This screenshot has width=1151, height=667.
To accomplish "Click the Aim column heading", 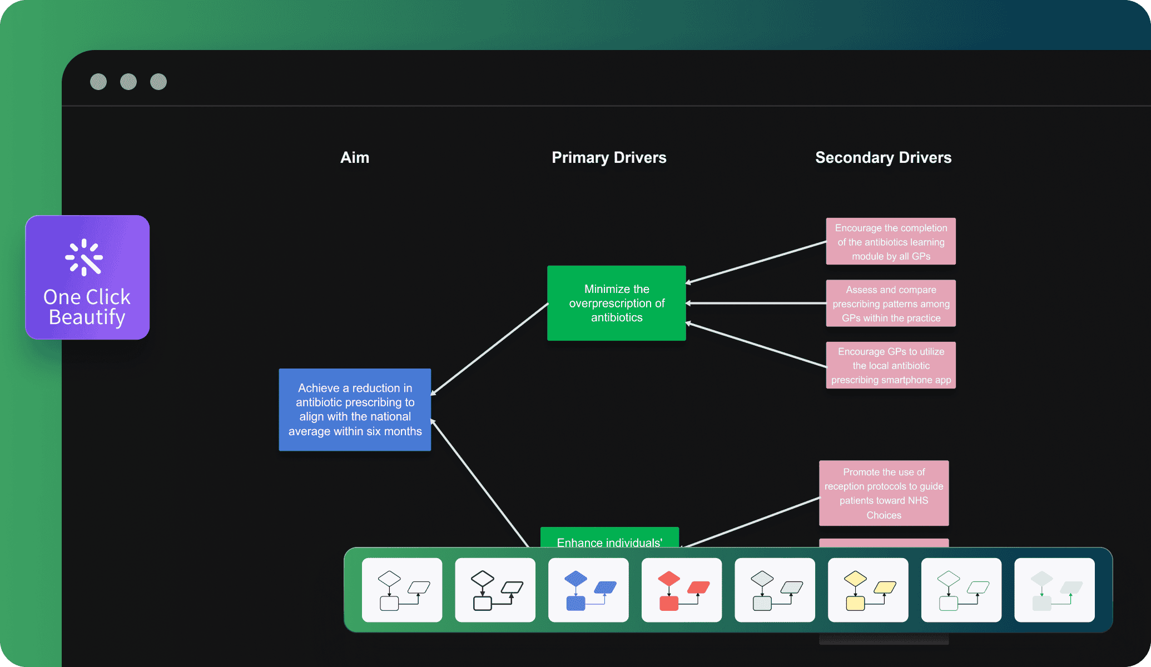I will coord(355,158).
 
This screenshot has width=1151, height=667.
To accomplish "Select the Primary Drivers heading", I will coord(609,158).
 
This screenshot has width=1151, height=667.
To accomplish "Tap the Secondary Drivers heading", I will coord(883,158).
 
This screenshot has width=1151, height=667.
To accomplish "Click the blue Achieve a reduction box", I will coord(355,410).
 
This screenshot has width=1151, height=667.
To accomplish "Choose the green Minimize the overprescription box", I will coord(616,303).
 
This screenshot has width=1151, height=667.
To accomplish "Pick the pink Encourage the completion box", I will coord(891,242).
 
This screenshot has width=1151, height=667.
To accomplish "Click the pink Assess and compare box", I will coord(891,303).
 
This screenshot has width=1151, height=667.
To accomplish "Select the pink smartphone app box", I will coord(891,365).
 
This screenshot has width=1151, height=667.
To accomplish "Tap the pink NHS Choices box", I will coord(884,493).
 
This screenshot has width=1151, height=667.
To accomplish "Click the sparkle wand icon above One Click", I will coord(84,257).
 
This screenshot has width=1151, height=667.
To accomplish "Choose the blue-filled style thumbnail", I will coord(588,590).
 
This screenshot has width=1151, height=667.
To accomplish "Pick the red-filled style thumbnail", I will coord(682,590).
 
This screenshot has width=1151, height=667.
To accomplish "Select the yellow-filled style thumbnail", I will coord(868,590).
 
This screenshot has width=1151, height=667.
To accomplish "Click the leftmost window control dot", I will coord(98,82).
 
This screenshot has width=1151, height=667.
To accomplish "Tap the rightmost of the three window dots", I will coord(158,82).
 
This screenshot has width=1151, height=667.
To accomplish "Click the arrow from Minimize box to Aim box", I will coord(489,349).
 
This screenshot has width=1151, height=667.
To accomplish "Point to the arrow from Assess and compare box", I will coord(756,303).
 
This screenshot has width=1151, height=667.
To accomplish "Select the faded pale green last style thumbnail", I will coord(1054,590).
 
